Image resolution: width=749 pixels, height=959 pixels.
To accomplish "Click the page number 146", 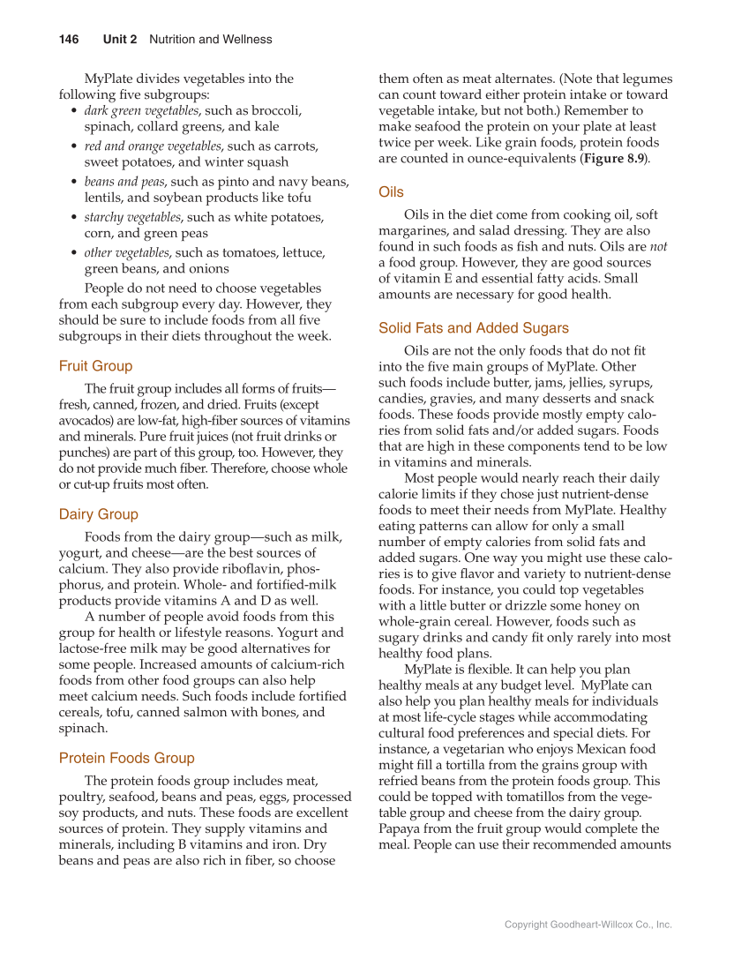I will point(69,40).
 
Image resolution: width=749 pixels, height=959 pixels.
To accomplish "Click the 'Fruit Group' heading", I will point(95,366).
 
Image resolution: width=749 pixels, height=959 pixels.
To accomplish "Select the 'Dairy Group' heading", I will point(98,514).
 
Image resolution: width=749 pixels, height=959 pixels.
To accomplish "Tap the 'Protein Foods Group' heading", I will point(126,758).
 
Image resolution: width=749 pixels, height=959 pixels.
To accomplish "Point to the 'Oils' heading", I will point(391,192).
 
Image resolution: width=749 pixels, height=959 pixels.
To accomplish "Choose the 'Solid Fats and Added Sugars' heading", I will point(473,328).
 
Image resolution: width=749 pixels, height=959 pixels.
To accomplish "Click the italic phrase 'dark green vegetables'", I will point(141,111).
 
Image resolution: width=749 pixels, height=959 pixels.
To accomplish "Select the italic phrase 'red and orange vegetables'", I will point(152,146).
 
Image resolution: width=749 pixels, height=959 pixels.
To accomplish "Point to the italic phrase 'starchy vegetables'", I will point(132,217).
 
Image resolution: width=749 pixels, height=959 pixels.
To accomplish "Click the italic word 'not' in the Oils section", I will point(658,247).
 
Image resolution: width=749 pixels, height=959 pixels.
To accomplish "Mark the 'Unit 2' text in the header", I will point(119,40).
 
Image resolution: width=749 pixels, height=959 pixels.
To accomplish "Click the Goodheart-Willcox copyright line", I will point(588,925).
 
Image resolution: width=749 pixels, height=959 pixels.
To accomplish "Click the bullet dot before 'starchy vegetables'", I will point(72,218).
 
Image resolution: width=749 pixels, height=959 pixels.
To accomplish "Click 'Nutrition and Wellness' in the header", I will point(210,40).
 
